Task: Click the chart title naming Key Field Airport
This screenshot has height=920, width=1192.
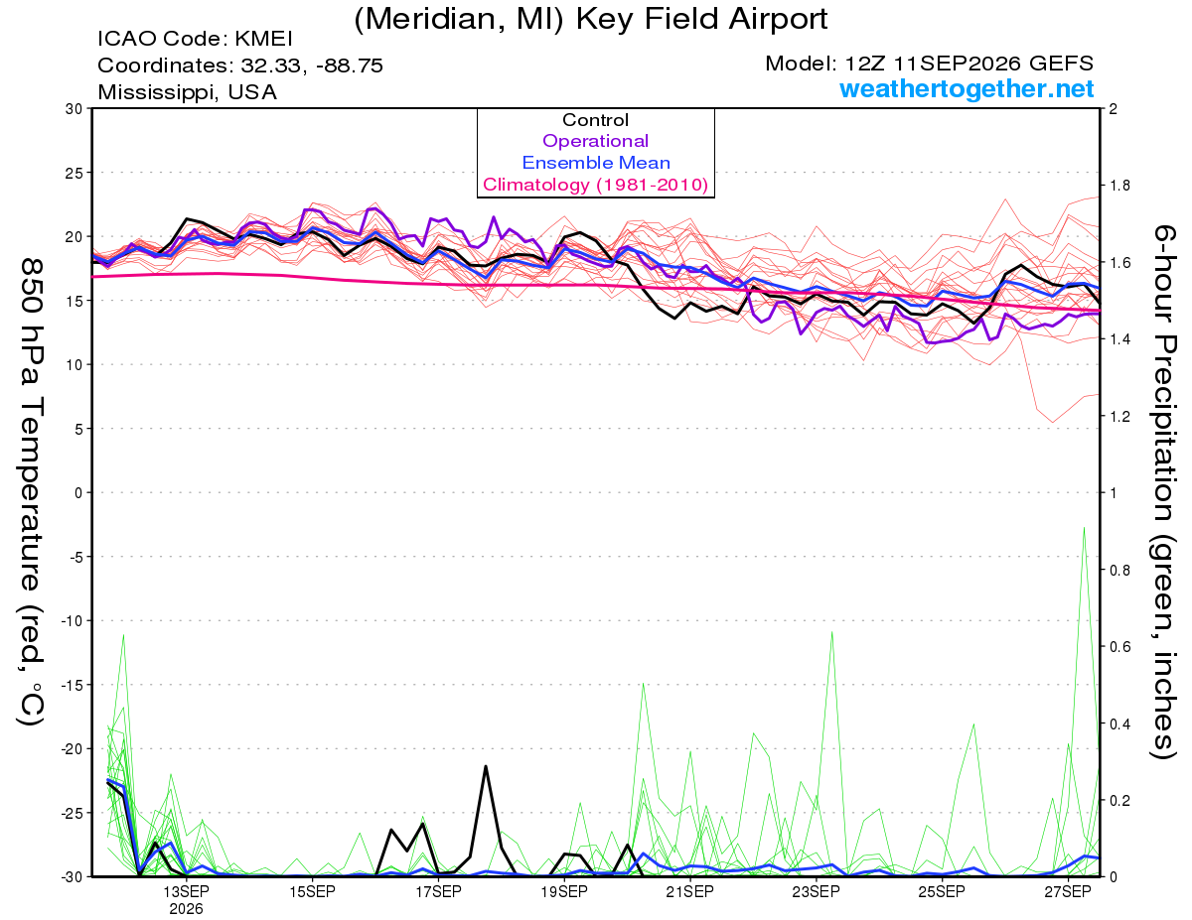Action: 591,19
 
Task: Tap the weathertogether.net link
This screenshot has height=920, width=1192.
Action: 967,88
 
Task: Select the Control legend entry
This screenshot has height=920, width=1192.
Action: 595,120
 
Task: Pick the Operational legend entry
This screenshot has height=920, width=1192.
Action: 595,141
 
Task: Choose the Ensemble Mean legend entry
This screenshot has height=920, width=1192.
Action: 596,163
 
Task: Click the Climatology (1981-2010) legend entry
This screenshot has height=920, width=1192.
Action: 595,185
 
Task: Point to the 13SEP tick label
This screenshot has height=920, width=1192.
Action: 186,891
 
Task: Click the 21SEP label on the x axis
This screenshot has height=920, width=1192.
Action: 690,891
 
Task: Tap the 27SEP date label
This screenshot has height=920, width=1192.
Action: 1068,891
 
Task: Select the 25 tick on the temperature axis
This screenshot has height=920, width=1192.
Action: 74,173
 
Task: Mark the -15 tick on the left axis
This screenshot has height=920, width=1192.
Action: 71,686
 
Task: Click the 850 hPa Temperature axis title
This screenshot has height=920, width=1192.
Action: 31,492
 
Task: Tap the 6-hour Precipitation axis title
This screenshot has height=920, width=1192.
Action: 1163,492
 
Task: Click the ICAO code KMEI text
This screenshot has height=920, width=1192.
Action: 195,39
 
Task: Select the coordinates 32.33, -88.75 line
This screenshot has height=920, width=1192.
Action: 240,66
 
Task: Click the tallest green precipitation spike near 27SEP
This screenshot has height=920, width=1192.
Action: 1084,528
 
